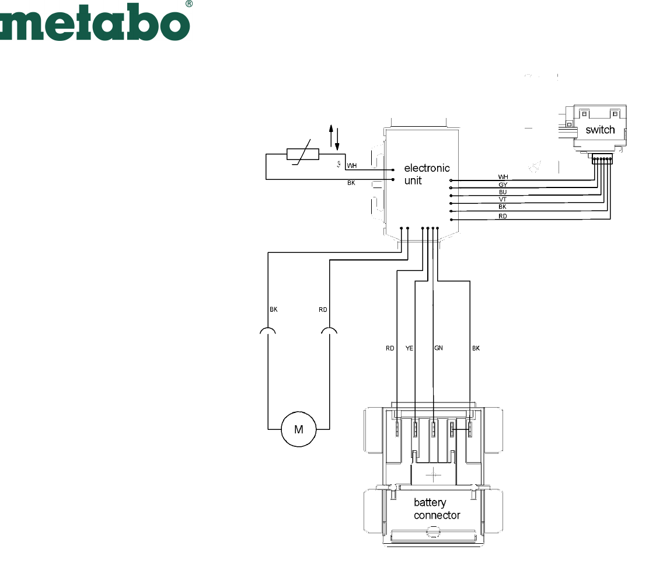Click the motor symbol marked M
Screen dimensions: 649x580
point(298,429)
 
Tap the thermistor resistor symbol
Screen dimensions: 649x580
point(302,154)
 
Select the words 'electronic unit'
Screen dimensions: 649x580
point(426,174)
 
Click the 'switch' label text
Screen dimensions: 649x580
point(600,130)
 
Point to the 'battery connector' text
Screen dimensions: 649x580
point(437,509)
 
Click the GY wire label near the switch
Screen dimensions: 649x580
point(503,185)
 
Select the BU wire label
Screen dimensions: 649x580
point(503,192)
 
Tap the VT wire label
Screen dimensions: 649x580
point(503,199)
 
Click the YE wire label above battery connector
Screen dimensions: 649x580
point(409,349)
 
